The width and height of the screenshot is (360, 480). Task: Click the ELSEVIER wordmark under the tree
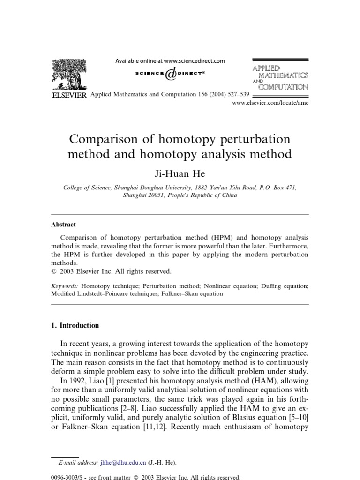coord(68,95)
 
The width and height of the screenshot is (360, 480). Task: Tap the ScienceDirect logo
coord(170,74)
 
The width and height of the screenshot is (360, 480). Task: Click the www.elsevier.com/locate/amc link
coord(270,103)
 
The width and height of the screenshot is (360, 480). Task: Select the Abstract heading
coord(63,225)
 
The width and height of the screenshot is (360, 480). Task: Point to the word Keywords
coord(65,285)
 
